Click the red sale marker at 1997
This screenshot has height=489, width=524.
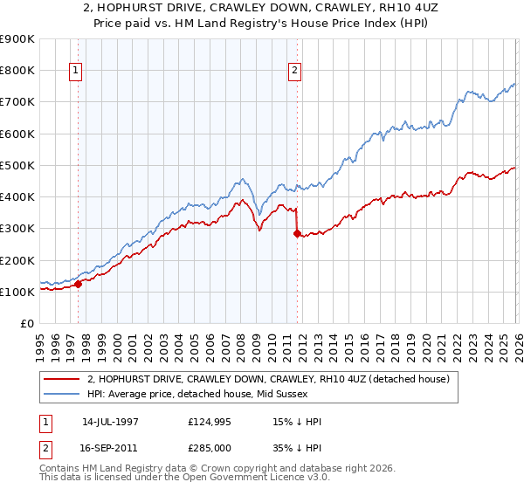point(78,284)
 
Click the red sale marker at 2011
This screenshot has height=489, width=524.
point(297,233)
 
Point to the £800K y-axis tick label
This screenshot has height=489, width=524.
point(17,70)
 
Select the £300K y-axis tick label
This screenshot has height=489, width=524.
point(17,228)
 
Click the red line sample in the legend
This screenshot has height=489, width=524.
point(61,379)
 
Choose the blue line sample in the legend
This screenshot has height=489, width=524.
point(61,394)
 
